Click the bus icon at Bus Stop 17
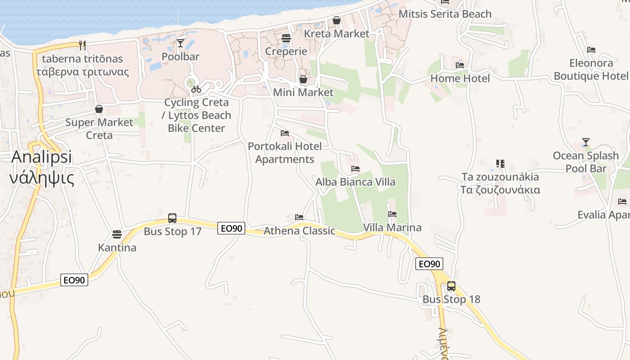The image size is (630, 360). [x=172, y=218]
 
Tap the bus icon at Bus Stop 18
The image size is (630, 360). [x=451, y=286]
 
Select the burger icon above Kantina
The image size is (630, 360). [x=117, y=234]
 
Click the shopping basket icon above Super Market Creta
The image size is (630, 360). [x=99, y=109]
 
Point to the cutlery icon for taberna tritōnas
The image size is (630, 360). [x=82, y=45]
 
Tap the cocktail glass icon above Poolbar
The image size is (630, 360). [x=180, y=43]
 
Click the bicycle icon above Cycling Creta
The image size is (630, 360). [x=196, y=89]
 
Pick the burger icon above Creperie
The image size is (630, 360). [x=286, y=38]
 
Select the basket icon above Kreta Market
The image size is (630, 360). [x=337, y=20]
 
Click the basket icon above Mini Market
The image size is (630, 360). [x=303, y=80]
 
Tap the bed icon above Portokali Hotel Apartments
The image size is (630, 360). [x=285, y=133]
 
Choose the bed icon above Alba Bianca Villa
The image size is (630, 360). [x=355, y=169]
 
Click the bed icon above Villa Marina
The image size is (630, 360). [x=392, y=214]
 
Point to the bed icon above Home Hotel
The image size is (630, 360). [x=460, y=65]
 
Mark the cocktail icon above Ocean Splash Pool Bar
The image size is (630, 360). [x=585, y=142]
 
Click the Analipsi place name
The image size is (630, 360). [x=41, y=157]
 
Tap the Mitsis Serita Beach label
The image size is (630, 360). [x=445, y=14]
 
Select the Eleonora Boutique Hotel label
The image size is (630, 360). [x=590, y=69]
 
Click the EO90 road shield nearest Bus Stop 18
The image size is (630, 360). [x=430, y=264]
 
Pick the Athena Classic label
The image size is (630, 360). [x=299, y=231]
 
